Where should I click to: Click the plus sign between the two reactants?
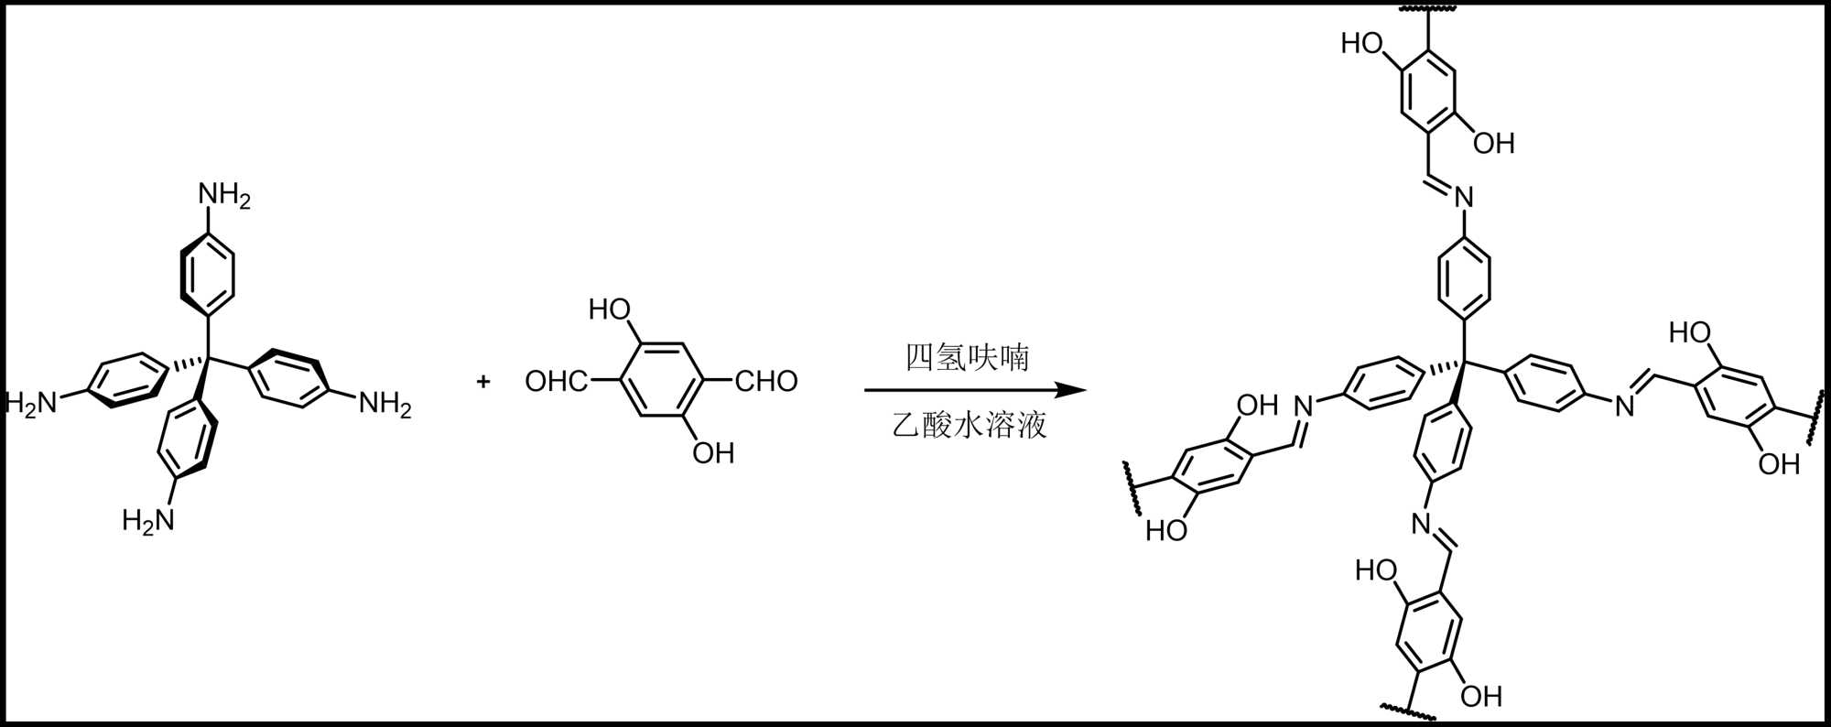pos(483,381)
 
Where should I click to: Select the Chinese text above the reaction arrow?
pos(968,357)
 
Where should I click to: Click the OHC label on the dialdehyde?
pos(556,381)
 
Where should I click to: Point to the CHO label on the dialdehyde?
pos(766,381)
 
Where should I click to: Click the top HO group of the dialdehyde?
pos(610,309)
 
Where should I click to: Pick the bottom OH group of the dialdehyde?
pos(713,453)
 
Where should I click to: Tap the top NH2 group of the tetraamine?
pos(224,196)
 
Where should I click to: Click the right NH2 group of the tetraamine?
pos(385,404)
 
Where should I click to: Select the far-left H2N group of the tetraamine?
pos(32,403)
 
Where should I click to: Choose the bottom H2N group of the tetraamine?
pos(148,521)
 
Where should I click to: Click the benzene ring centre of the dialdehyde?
pos(661,381)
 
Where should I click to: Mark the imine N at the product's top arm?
pos(1464,197)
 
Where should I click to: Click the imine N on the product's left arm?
pos(1303,405)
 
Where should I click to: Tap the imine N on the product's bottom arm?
pos(1420,524)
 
